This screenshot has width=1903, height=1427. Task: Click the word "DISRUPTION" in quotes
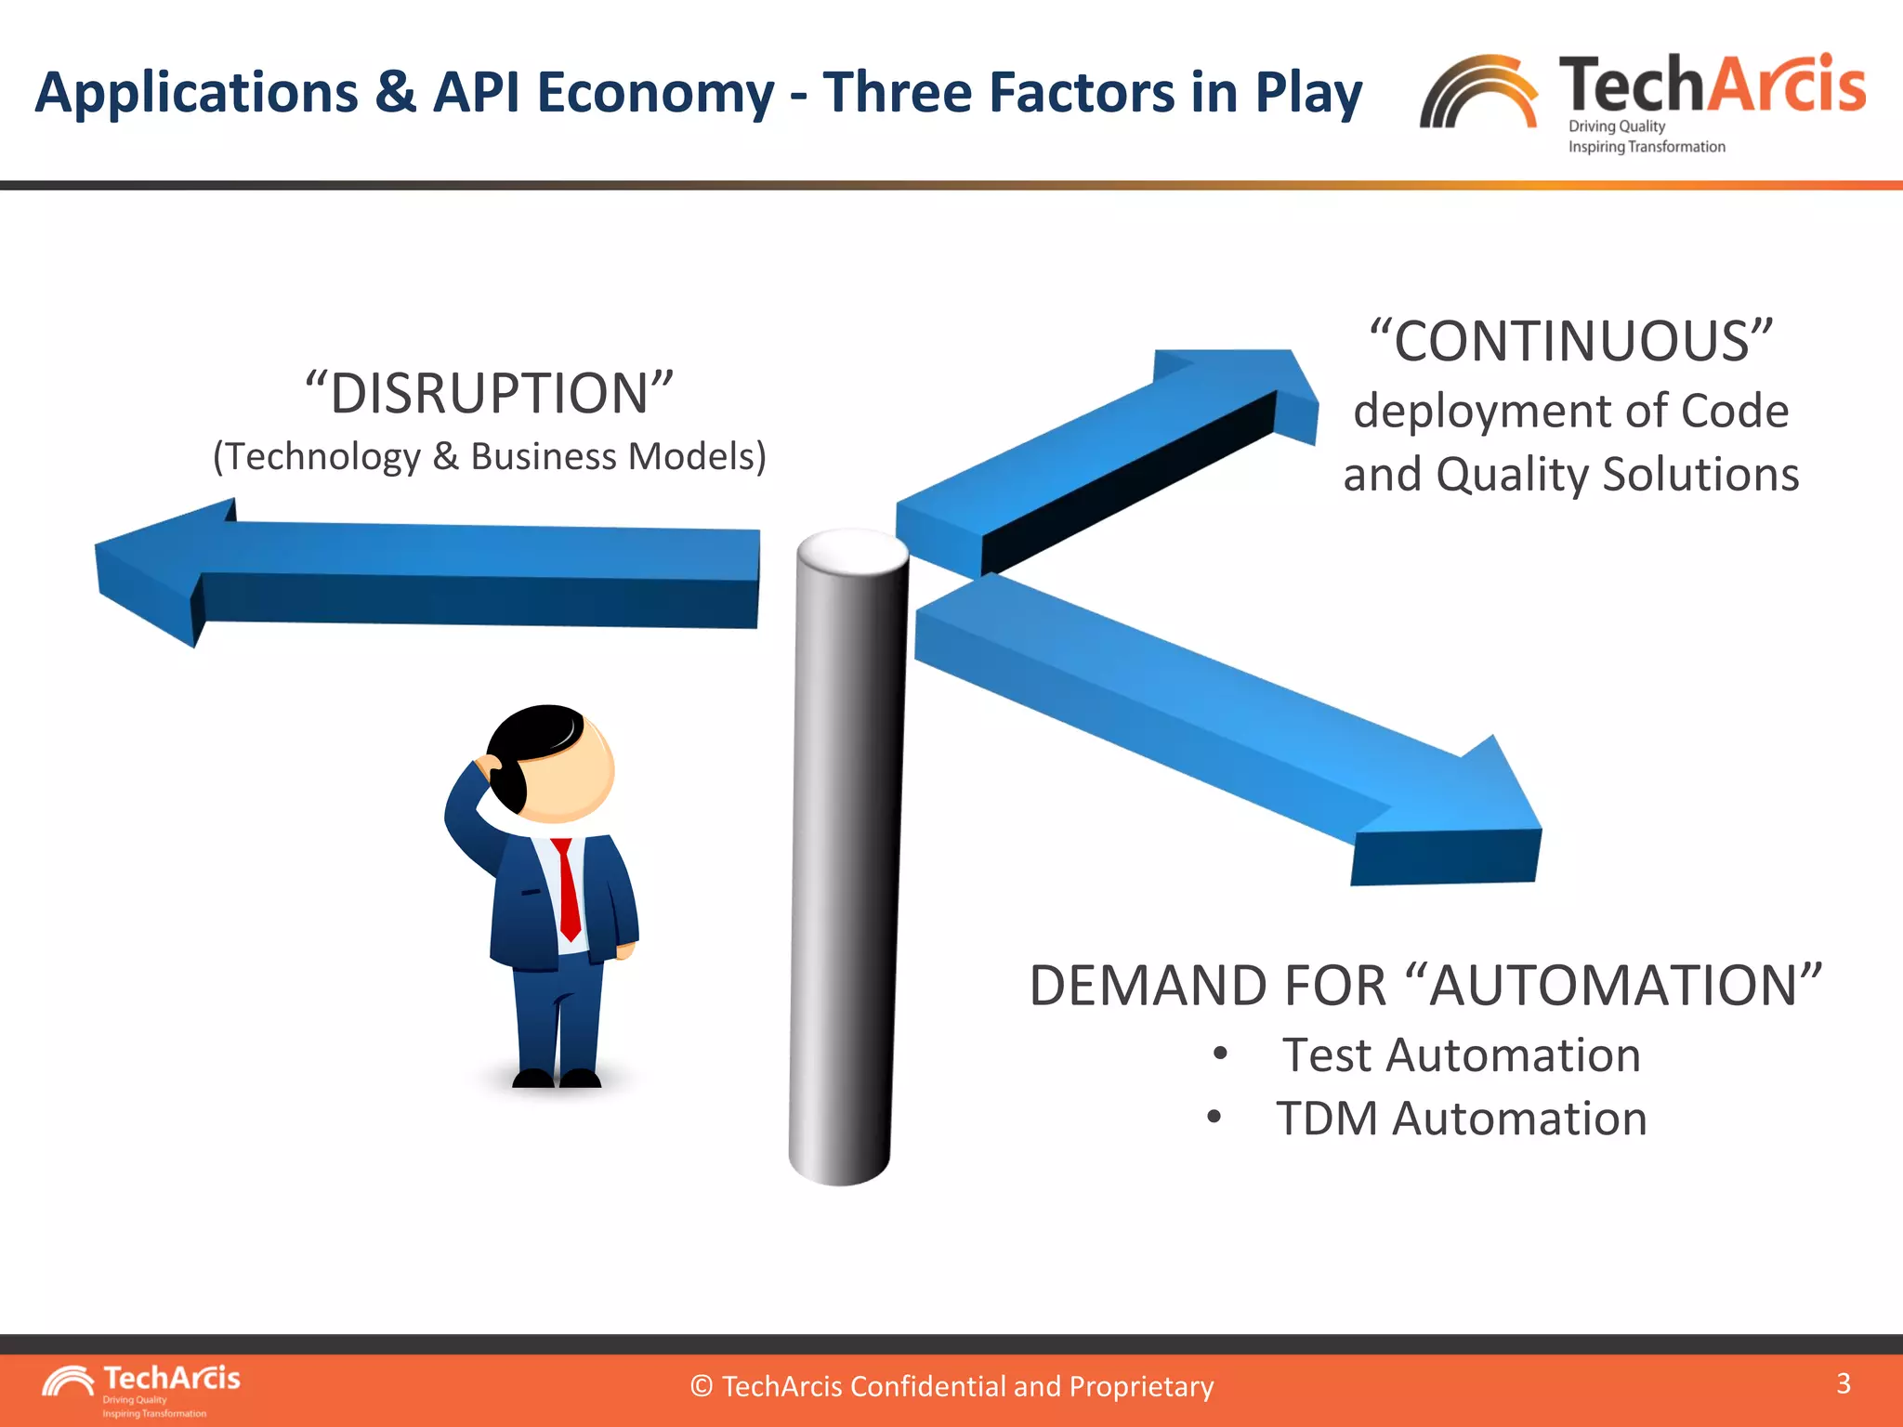click(490, 394)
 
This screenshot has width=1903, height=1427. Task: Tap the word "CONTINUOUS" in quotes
click(1571, 342)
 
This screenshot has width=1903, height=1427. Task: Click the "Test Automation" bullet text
click(1461, 1056)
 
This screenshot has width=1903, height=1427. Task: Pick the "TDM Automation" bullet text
click(1461, 1119)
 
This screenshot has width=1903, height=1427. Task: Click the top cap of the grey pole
click(852, 551)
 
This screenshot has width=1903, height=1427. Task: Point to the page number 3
click(1844, 1383)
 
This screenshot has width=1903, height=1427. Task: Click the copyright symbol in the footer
click(702, 1387)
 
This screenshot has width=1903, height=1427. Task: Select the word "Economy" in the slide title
click(655, 93)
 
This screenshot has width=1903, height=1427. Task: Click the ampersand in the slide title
click(396, 93)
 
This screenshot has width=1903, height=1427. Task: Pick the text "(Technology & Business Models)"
click(490, 457)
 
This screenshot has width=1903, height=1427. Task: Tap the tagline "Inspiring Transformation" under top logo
click(1646, 147)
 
